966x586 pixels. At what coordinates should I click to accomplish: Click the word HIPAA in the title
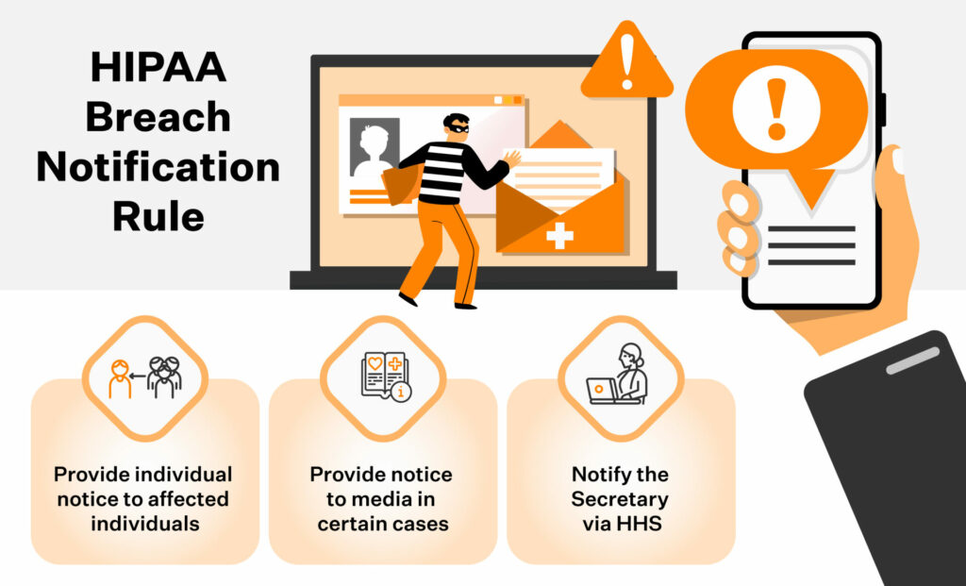(x=158, y=67)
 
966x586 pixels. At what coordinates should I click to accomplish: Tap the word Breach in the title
(x=158, y=117)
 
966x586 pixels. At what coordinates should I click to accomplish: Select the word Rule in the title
(x=158, y=216)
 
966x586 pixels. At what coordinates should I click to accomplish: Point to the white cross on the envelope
(x=559, y=235)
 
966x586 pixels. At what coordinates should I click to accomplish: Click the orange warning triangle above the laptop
(x=627, y=60)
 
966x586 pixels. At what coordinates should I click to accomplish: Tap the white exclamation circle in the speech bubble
(x=776, y=109)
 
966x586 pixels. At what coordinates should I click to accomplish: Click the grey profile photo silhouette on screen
(x=374, y=150)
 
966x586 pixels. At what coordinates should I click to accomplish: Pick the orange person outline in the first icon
(x=120, y=378)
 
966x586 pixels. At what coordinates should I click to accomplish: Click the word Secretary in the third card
(x=620, y=498)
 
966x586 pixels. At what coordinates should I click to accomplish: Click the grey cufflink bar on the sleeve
(x=913, y=360)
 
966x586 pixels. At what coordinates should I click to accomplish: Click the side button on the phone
(x=883, y=109)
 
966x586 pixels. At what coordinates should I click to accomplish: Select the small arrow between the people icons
(x=138, y=376)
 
